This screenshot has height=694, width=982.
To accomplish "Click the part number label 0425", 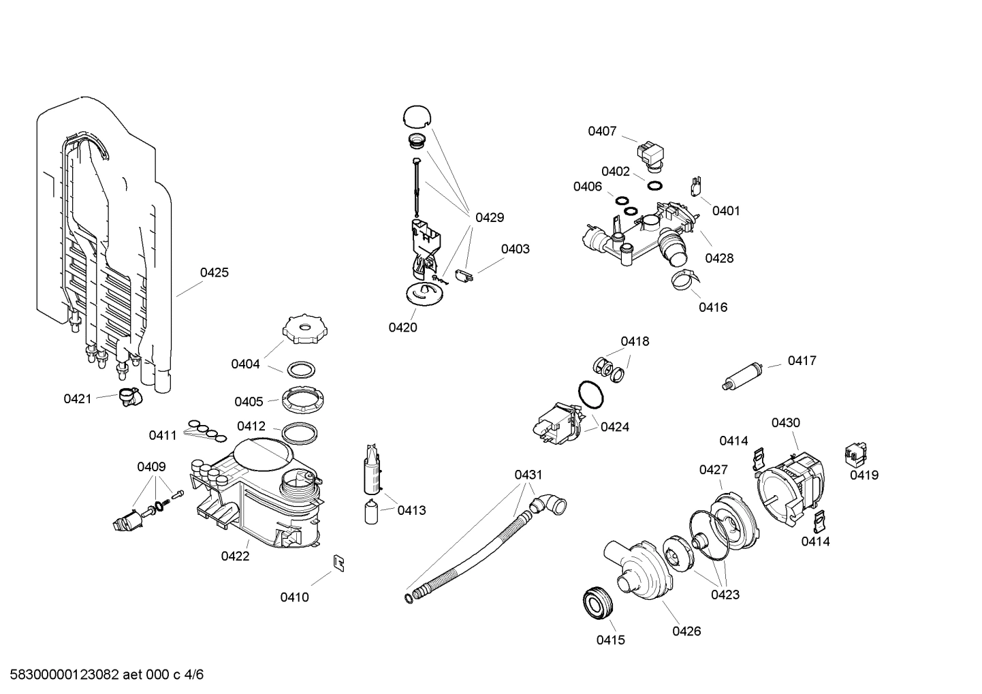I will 214,272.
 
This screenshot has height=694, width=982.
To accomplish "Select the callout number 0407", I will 602,131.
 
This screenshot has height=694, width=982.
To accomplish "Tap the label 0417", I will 802,360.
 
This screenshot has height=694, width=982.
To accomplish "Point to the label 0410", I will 294,597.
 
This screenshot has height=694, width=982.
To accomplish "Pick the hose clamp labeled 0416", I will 683,279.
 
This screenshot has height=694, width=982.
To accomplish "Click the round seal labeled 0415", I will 599,603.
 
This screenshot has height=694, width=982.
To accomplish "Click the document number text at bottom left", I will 102,675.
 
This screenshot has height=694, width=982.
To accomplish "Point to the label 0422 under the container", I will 235,556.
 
